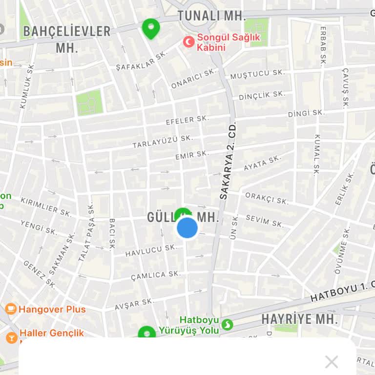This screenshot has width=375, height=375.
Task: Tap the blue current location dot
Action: click(x=187, y=228)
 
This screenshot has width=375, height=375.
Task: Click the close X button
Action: click(x=332, y=362)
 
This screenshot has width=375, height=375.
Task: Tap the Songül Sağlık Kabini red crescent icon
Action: click(x=188, y=42)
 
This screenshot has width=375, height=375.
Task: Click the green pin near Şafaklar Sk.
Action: click(x=151, y=28)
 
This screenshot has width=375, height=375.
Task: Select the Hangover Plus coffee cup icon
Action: click(x=11, y=309)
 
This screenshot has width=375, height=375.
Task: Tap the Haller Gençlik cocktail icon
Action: click(x=11, y=337)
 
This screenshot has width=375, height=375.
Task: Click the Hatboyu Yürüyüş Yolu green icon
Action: click(x=227, y=324)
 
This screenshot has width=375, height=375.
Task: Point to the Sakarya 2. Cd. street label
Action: click(x=228, y=160)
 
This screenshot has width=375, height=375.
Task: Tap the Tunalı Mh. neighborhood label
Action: click(x=211, y=15)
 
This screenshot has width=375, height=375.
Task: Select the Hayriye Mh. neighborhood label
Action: click(x=299, y=319)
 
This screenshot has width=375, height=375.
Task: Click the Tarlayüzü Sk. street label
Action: click(x=163, y=142)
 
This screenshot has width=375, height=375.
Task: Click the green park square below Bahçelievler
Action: click(x=89, y=103)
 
